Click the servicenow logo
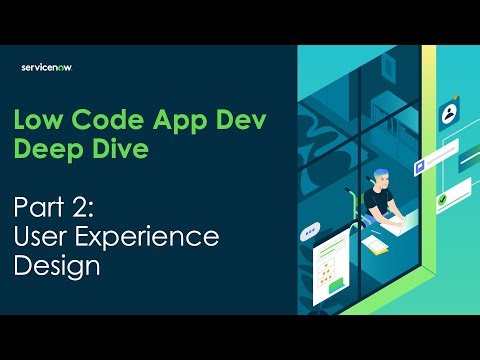point(47,67)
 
